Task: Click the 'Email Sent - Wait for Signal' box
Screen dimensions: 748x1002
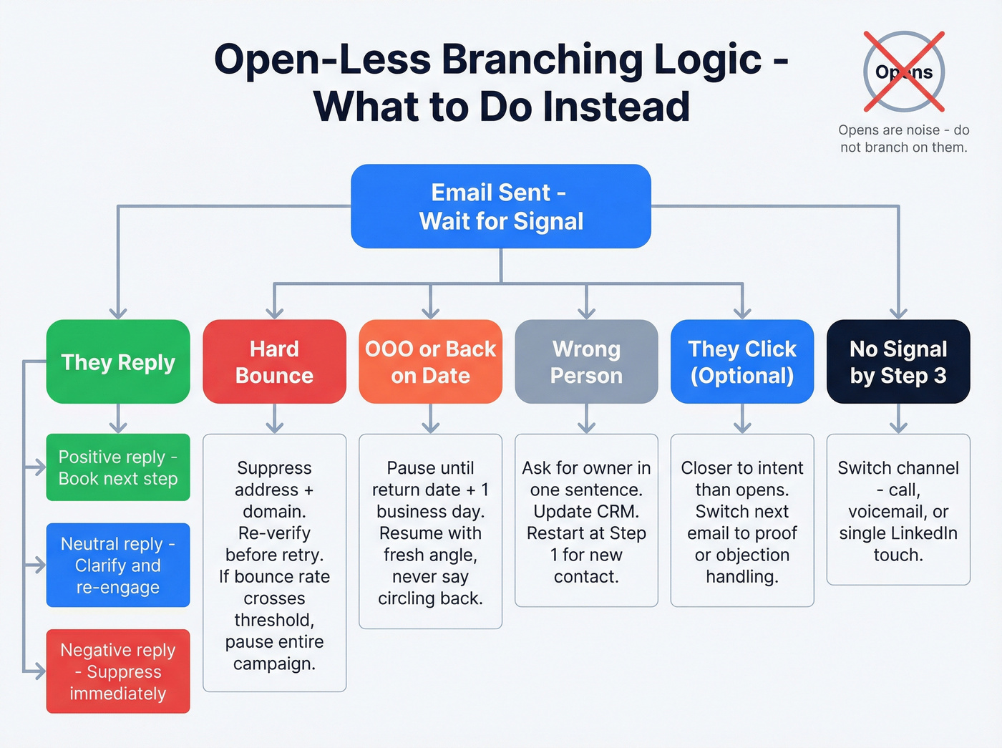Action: point(500,206)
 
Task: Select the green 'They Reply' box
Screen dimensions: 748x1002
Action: point(118,361)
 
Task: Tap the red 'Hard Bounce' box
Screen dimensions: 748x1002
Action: point(274,361)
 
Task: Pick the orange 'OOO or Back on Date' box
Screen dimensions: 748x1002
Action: point(430,361)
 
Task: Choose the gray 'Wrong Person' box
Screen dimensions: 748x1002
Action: point(586,361)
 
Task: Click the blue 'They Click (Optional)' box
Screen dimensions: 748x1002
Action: point(742,361)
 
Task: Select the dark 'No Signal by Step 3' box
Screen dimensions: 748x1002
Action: point(898,361)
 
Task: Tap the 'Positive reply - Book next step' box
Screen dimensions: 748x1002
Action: point(118,467)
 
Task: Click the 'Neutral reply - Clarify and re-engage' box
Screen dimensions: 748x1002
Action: point(118,565)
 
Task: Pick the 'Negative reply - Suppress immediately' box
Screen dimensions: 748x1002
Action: point(118,671)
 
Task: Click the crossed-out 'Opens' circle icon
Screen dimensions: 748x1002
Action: point(903,72)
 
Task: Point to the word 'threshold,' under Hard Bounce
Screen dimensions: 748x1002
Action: point(274,620)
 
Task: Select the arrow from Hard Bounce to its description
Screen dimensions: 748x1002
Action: point(274,419)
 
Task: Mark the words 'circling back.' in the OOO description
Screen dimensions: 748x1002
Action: point(430,598)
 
